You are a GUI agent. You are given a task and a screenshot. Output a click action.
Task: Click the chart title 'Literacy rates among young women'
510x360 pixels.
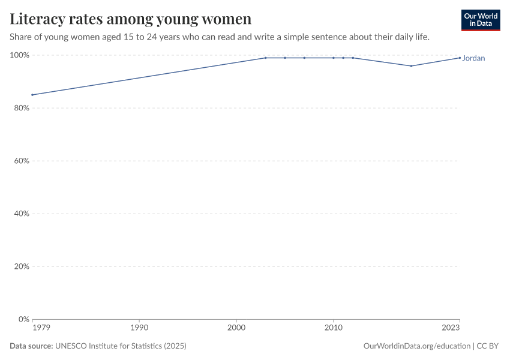tap(130, 19)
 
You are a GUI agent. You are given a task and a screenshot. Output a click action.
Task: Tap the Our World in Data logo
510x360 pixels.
tap(480, 20)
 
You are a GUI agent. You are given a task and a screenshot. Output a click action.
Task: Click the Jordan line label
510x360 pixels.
tap(473, 58)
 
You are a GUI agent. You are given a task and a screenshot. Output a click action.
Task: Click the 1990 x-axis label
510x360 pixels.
tap(139, 328)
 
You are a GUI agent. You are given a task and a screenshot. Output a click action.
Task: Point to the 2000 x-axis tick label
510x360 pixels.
tap(236, 328)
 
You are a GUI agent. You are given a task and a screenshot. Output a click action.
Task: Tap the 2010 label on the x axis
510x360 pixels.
tap(333, 328)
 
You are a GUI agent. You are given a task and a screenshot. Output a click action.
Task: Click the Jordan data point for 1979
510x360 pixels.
tap(32, 95)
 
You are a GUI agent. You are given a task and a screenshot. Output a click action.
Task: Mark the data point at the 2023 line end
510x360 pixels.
tap(460, 58)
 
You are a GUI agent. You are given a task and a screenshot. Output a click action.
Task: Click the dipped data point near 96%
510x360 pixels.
tap(411, 66)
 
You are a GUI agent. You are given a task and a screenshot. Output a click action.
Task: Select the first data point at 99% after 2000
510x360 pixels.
tap(265, 58)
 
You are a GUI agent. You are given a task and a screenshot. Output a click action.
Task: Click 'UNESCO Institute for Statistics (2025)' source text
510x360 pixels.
tap(121, 346)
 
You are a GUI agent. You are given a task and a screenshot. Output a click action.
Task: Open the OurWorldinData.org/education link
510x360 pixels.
tap(417, 346)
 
